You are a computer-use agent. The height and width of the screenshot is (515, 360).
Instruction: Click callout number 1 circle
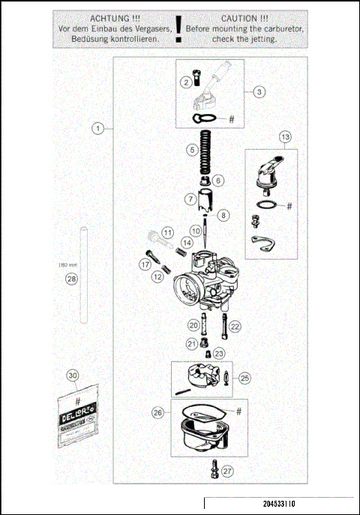click(97, 128)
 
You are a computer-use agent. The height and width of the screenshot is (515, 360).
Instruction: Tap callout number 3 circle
click(258, 92)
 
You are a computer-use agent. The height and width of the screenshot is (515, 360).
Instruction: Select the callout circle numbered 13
click(284, 137)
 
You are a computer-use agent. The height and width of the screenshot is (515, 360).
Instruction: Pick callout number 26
click(157, 412)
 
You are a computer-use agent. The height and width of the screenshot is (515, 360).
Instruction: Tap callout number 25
click(244, 379)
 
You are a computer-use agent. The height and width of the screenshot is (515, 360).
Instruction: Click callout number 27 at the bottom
click(227, 472)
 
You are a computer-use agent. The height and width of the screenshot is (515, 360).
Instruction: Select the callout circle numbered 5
click(193, 150)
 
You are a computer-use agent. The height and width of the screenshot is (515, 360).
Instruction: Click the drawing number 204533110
click(279, 505)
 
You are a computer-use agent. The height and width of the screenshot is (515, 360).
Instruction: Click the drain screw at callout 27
click(215, 470)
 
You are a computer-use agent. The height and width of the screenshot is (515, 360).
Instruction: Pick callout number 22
click(235, 326)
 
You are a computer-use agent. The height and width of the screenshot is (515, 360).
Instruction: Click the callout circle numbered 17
click(145, 264)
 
